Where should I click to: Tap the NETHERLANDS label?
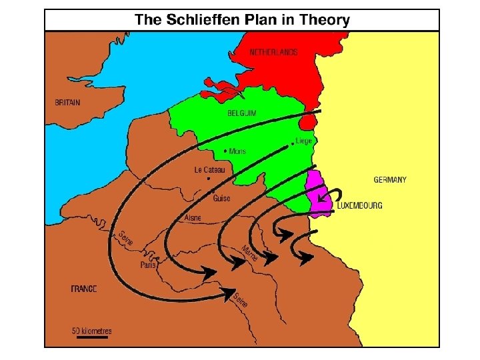(273, 52)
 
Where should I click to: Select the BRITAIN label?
(67, 103)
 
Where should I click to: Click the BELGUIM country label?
(242, 114)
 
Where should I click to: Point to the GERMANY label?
(390, 179)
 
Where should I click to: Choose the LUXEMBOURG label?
(359, 206)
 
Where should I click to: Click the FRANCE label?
(84, 289)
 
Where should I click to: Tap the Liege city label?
(303, 141)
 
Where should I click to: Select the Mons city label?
(237, 151)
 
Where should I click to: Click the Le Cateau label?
(209, 170)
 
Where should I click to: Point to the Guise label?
(221, 198)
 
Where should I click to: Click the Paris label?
(148, 265)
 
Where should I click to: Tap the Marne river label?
(250, 253)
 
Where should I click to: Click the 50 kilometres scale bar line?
(91, 337)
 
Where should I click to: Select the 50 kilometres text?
(92, 331)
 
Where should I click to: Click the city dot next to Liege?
(293, 143)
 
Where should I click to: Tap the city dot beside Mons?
(226, 150)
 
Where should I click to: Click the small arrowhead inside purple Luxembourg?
(321, 199)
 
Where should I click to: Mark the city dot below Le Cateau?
(209, 179)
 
